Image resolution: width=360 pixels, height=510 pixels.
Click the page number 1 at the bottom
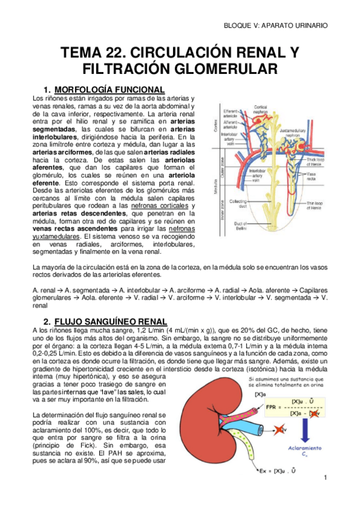(x=323, y=478)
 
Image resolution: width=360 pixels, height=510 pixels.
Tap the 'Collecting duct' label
(x=236, y=203)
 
